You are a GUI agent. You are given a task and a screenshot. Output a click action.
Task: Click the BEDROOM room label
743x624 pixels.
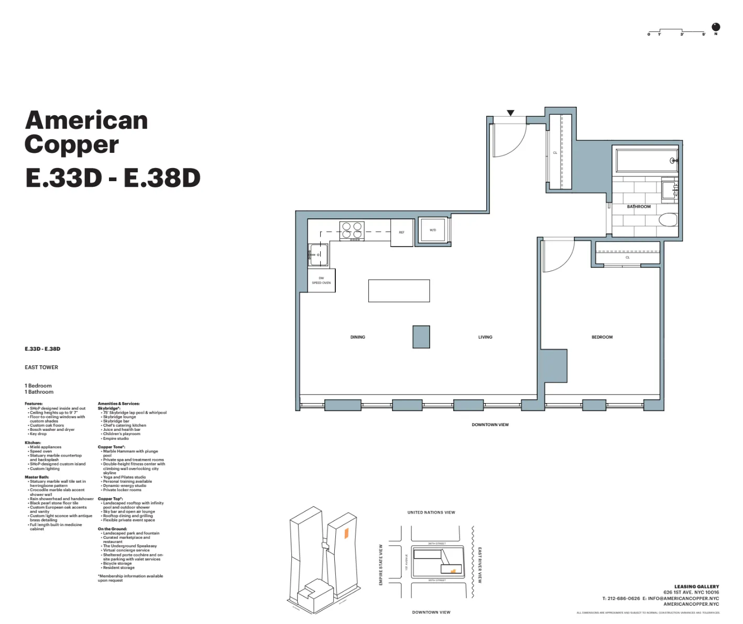[602, 337]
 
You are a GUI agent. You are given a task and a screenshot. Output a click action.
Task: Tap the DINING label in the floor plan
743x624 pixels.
[357, 337]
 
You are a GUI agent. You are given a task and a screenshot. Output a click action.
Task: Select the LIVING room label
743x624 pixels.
[485, 337]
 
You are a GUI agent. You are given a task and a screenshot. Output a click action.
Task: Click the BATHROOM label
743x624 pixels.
[639, 207]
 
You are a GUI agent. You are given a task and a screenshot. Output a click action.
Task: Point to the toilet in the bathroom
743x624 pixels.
[668, 219]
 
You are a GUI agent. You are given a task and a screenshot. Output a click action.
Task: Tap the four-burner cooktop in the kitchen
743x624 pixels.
[352, 230]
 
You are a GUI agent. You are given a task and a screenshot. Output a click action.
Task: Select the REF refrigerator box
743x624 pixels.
[402, 232]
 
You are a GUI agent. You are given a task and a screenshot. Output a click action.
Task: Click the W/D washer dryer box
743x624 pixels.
[433, 230]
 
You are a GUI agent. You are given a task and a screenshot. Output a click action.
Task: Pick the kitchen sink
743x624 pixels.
[319, 255]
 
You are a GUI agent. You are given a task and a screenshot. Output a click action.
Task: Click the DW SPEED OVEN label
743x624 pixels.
[321, 281]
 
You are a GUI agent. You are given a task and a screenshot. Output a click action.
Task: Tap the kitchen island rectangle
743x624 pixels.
[399, 291]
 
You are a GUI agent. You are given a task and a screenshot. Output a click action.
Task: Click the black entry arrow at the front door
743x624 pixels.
[510, 113]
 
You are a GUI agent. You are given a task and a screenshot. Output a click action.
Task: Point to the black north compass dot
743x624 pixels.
[716, 27]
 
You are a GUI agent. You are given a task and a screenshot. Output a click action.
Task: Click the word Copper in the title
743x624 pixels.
[72, 145]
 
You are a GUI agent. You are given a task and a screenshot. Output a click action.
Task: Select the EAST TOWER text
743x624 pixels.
[41, 367]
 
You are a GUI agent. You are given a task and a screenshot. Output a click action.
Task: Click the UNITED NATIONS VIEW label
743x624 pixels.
[431, 512]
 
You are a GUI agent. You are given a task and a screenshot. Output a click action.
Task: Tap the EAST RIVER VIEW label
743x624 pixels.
[479, 565]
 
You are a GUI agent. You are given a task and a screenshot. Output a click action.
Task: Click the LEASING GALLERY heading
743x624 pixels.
[696, 587]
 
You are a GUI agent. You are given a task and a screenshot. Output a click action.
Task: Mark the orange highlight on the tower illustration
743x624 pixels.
[346, 533]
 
